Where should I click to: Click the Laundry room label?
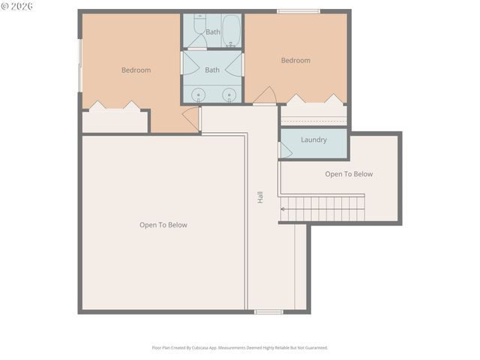[x=313, y=139]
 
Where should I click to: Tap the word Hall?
[x=260, y=198]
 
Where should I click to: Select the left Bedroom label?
[x=136, y=70]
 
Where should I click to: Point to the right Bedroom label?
[x=295, y=61]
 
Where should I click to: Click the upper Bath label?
[x=213, y=32]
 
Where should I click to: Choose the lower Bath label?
[x=212, y=70]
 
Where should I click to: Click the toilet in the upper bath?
[x=199, y=28]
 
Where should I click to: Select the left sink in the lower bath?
[x=198, y=94]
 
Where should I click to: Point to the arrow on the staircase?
[x=283, y=208]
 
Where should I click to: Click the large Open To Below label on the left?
[x=163, y=225]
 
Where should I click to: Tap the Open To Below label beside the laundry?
[x=349, y=174]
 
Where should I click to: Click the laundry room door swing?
[x=285, y=150]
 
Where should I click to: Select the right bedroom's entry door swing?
[x=265, y=96]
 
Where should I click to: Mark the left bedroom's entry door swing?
[x=191, y=118]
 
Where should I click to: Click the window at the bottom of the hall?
[x=268, y=312]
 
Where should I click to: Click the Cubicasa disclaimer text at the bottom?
[x=240, y=347]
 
